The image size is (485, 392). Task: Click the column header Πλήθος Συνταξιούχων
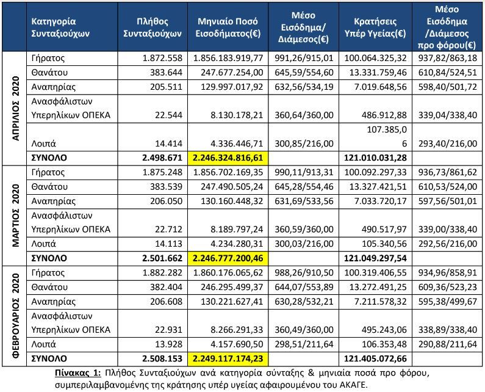pos(152,27)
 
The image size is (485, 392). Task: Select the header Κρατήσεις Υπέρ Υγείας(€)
pos(375,27)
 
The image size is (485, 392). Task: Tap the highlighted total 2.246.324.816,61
pos(228,158)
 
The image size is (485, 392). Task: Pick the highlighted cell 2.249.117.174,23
pos(228,358)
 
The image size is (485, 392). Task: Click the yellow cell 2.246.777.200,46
pos(228,258)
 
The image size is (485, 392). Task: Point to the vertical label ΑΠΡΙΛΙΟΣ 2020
pos(15,108)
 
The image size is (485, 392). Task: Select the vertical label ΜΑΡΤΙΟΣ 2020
pos(15,215)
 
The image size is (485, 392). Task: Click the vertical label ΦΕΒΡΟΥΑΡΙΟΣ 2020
pos(15,316)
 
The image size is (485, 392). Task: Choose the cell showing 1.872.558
pos(162,58)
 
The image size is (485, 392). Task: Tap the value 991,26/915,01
pos(304,58)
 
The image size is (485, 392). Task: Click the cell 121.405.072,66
pos(375,358)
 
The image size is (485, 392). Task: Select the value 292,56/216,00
pos(448,244)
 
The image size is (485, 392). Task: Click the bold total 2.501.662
pos(162,258)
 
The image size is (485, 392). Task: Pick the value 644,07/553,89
pos(304,287)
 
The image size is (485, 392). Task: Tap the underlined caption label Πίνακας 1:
pos(78,373)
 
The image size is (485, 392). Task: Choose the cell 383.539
pos(167,187)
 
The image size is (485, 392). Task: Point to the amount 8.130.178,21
pos(237,115)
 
